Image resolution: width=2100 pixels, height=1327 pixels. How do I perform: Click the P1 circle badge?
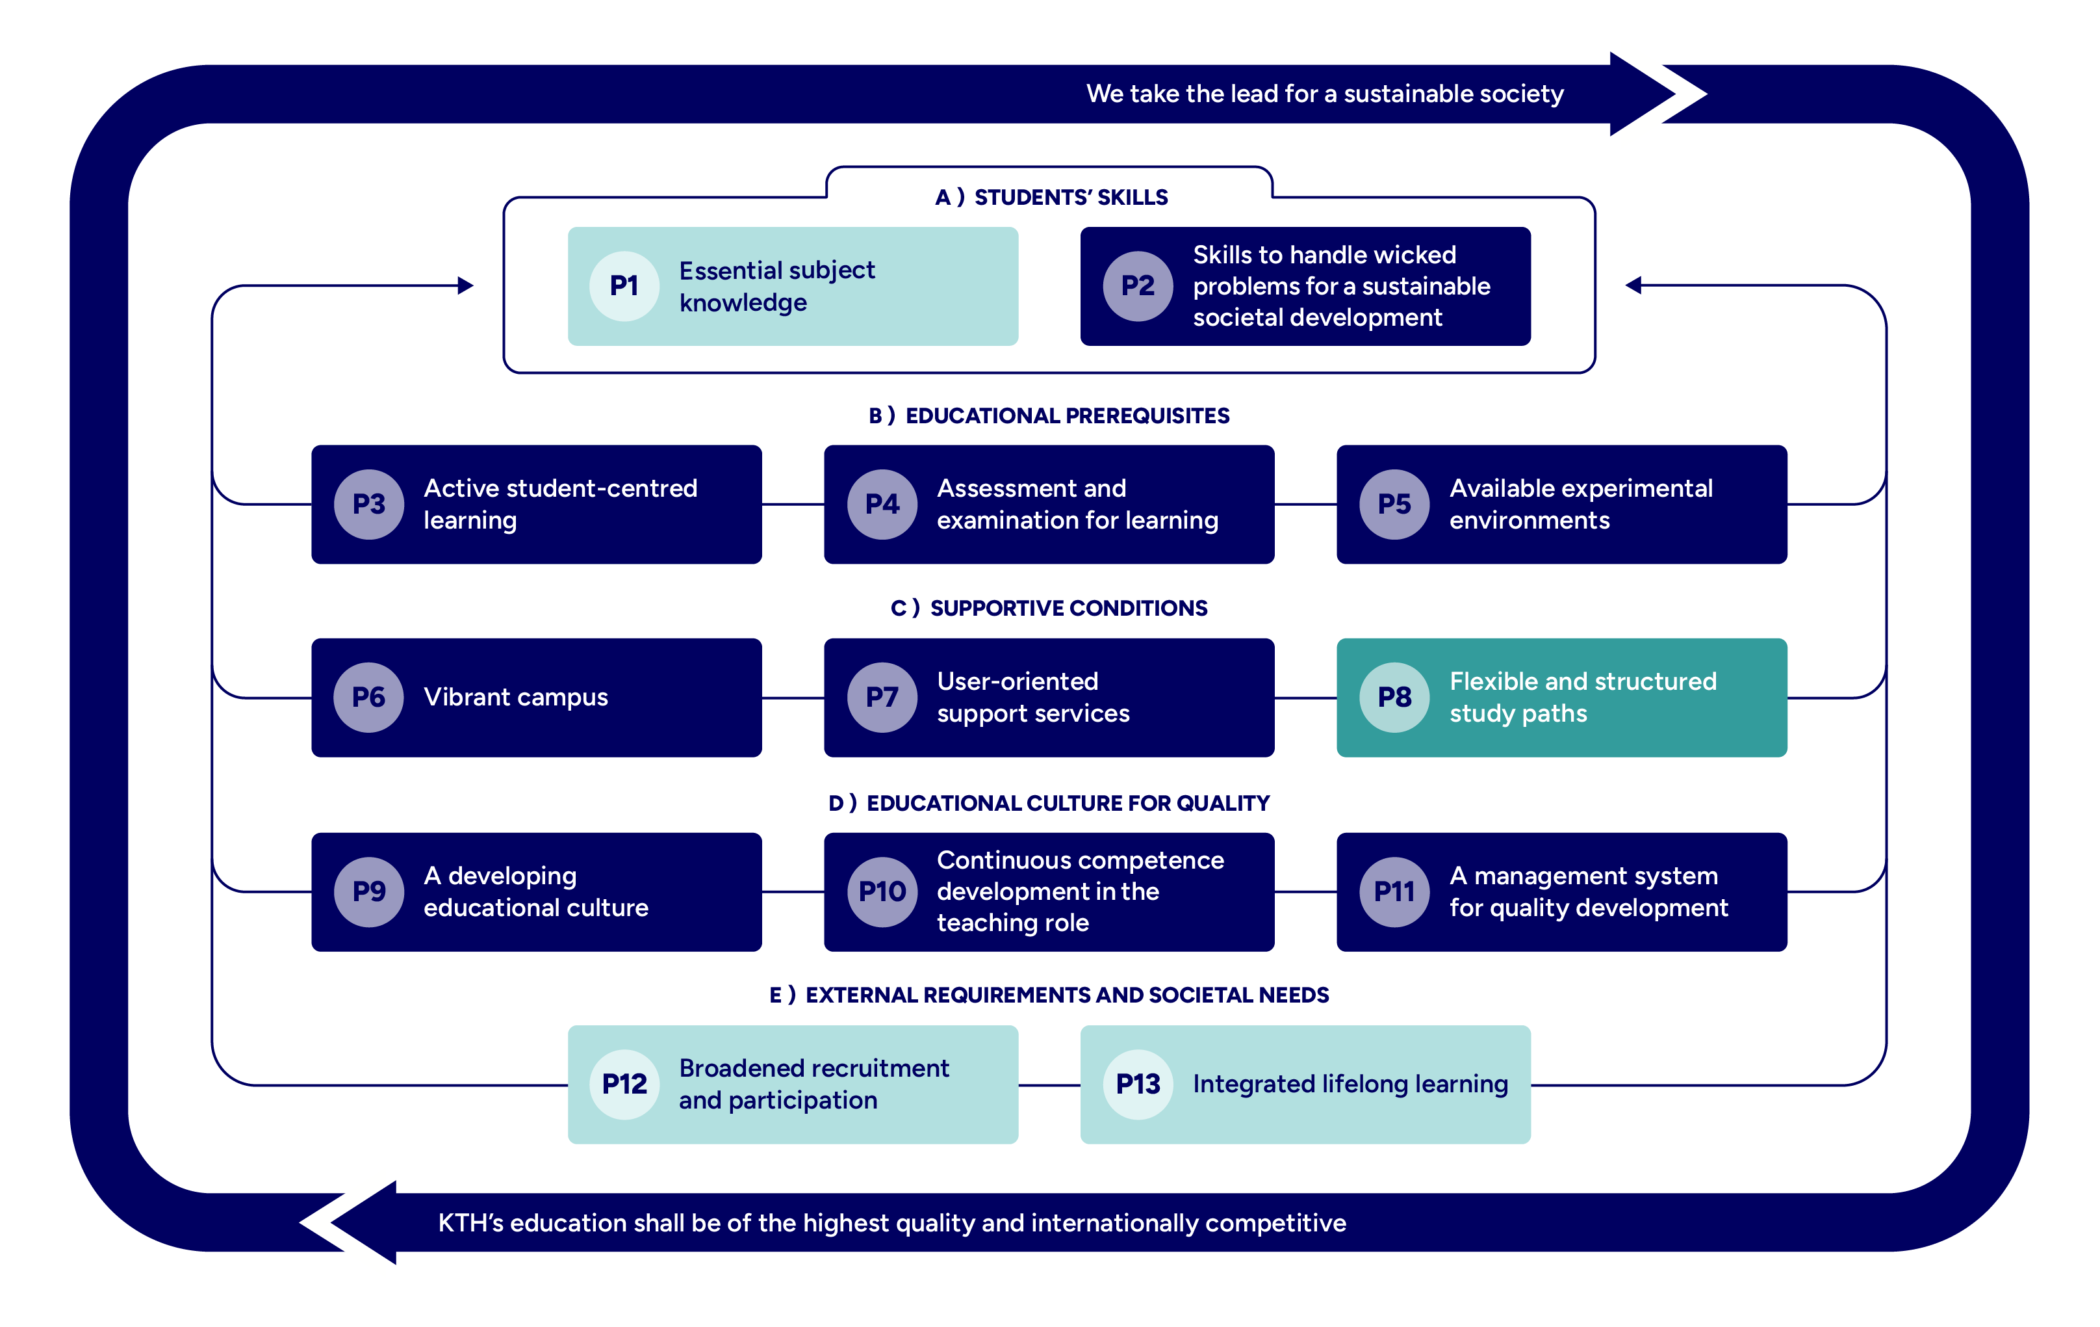click(624, 286)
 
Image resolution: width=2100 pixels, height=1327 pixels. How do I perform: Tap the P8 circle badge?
click(1394, 697)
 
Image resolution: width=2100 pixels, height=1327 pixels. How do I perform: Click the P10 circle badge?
click(882, 891)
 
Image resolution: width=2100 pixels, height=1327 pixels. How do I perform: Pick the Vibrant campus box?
click(536, 697)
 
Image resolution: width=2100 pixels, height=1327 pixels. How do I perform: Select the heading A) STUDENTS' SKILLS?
click(1050, 198)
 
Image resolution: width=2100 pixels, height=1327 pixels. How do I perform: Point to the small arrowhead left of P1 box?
click(466, 285)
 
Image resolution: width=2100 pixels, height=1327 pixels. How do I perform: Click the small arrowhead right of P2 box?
click(1633, 285)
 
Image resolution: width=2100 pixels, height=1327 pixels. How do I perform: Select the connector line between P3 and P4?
click(793, 505)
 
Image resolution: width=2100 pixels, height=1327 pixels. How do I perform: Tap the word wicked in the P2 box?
click(1413, 255)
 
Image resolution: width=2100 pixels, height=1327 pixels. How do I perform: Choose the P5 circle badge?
click(1394, 505)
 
